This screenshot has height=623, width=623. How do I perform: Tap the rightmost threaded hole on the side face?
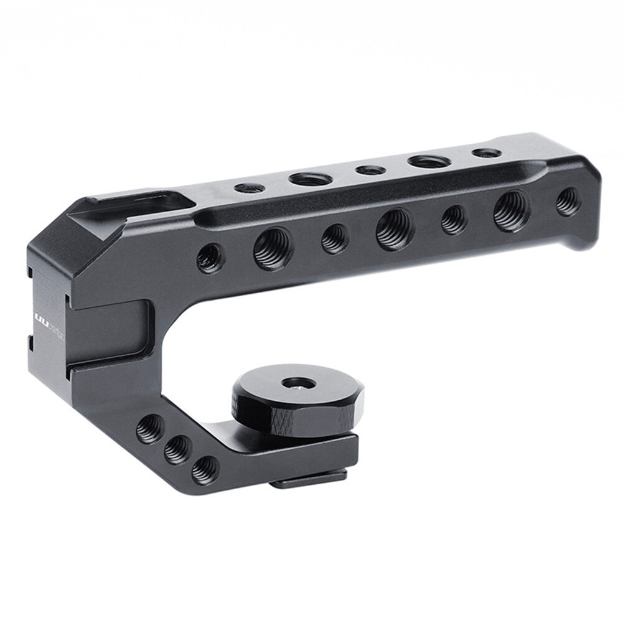(567, 202)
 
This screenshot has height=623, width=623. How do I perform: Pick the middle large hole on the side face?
(395, 228)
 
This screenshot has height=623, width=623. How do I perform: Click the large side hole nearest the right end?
(512, 210)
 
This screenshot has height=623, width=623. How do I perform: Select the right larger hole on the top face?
(423, 161)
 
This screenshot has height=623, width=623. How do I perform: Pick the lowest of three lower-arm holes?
(204, 469)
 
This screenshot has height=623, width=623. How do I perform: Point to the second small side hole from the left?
(335, 238)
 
